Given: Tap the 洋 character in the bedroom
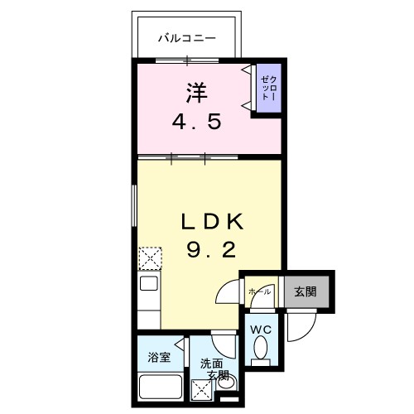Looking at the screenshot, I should (x=195, y=92).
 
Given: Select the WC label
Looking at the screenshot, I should (x=262, y=330).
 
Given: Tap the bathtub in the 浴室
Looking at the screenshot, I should (x=160, y=387).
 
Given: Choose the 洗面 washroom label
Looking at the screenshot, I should (x=210, y=362).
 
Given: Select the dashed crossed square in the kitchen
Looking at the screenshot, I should (x=149, y=258).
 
